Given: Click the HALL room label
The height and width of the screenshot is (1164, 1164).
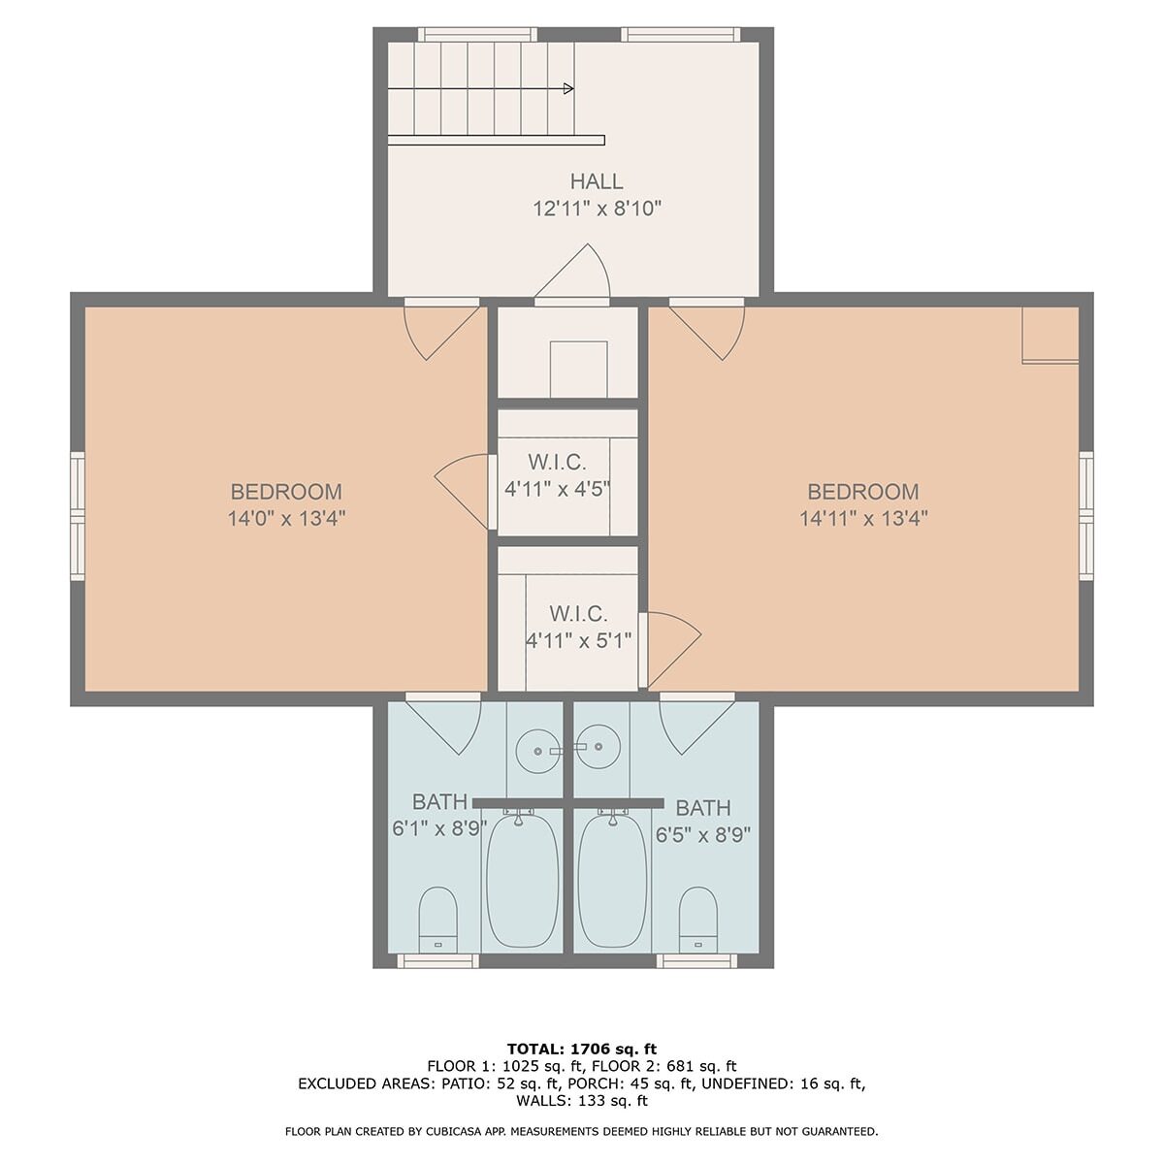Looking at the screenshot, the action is coord(597,181).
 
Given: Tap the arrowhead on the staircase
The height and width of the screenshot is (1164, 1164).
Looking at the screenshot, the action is coord(568,89).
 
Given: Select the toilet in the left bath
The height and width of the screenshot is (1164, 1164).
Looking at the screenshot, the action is coord(437,920).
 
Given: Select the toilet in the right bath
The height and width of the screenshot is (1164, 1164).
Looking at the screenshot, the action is coord(698,920).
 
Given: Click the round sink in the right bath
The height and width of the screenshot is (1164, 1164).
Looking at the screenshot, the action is coord(598,747).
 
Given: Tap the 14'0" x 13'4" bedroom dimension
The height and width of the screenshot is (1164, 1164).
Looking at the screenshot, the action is coord(286,518).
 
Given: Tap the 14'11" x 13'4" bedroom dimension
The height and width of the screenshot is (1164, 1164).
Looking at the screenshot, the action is coord(864,518).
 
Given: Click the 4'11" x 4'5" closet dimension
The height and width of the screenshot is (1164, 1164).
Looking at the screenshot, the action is coord(557,489).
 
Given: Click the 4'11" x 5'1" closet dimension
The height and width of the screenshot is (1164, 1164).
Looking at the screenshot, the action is coord(579,639).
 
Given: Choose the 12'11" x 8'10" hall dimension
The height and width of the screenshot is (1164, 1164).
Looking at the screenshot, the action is coord(597,209).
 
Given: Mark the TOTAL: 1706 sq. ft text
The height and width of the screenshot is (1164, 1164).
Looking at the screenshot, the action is coord(582,1049).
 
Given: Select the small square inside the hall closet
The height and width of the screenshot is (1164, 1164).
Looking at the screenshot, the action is coord(578,369).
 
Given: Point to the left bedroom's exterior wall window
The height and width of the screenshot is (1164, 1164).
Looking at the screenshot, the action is coord(78,516).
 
